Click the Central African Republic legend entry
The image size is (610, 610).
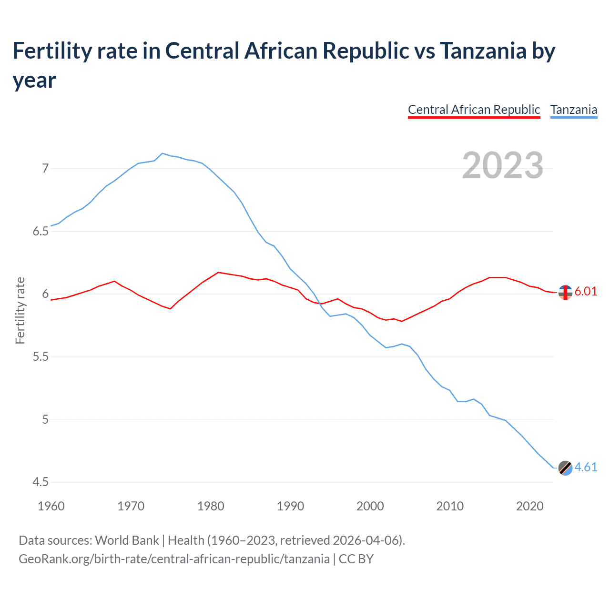click(x=474, y=110)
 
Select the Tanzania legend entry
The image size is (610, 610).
click(x=573, y=110)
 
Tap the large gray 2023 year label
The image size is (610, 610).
click(x=502, y=165)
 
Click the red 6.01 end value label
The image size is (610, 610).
click(x=586, y=292)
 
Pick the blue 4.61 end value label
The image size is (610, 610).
click(x=586, y=468)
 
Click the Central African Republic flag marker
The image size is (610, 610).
click(x=565, y=292)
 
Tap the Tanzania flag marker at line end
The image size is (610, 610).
click(x=565, y=468)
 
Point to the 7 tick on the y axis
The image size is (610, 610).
click(x=45, y=168)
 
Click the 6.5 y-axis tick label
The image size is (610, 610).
click(x=41, y=231)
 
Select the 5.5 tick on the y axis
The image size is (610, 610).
click(x=41, y=357)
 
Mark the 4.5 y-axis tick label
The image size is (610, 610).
click(x=41, y=482)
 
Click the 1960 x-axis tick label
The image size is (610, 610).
click(x=51, y=506)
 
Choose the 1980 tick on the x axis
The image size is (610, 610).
click(x=211, y=506)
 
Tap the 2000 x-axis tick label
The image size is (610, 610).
click(x=370, y=506)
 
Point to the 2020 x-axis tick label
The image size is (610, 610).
click(x=529, y=506)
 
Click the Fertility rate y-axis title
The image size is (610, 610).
click(x=20, y=310)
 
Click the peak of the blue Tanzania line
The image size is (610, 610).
click(x=163, y=153)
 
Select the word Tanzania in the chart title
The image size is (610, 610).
click(x=482, y=51)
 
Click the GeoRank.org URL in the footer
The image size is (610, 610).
click(x=174, y=559)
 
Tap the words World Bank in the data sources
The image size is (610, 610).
click(x=127, y=540)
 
